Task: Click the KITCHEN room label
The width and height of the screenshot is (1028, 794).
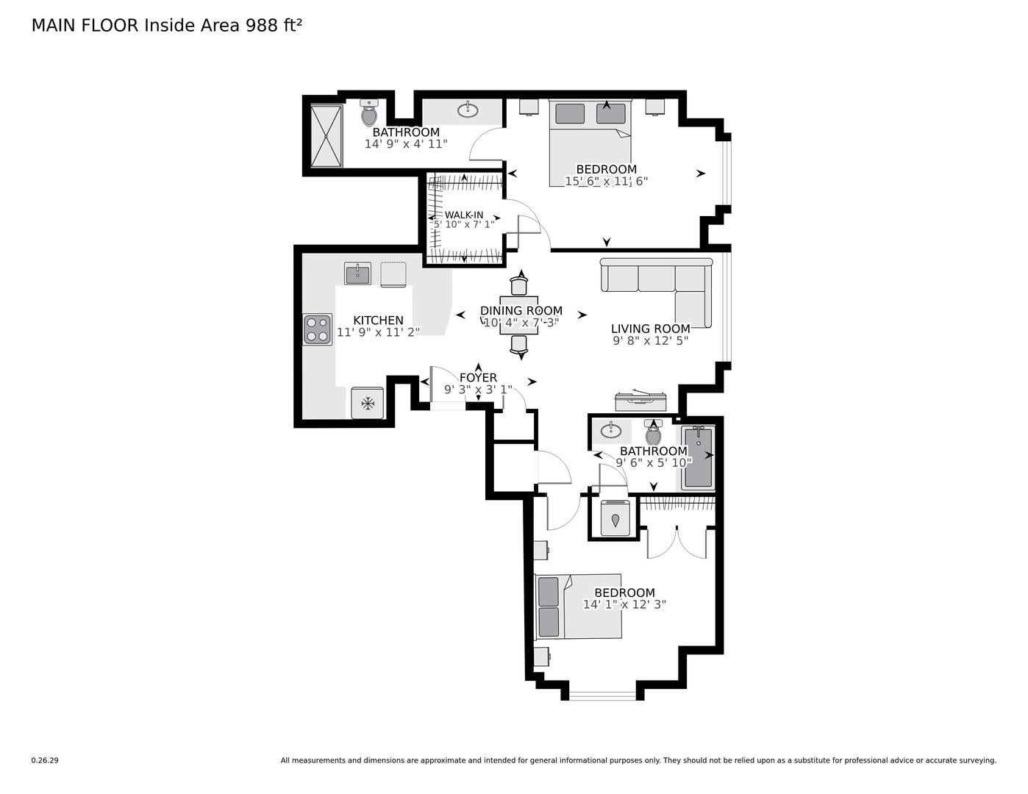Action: click(x=378, y=320)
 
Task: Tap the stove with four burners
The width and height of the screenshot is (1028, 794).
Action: click(x=318, y=329)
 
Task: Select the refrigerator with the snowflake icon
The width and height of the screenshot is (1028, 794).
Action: click(x=367, y=404)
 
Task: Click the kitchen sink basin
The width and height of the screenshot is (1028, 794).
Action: click(x=357, y=273)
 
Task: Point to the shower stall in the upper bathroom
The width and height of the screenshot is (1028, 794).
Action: click(x=326, y=136)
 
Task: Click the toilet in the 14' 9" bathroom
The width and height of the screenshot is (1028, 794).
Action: click(x=368, y=112)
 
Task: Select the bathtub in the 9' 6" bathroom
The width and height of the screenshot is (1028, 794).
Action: click(x=699, y=457)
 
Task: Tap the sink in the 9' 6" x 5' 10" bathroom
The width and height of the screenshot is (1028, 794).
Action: click(x=611, y=430)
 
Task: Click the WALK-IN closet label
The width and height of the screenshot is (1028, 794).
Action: click(x=463, y=215)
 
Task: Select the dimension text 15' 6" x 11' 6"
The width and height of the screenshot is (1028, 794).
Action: click(x=606, y=181)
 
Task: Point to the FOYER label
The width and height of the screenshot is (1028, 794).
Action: click(x=478, y=378)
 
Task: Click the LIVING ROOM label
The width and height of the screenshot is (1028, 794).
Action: click(x=651, y=329)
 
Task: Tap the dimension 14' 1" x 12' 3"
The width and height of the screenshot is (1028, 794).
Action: click(x=624, y=604)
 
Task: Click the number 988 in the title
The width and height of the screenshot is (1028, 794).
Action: click(x=262, y=26)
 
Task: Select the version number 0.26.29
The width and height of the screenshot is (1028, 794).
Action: click(x=45, y=760)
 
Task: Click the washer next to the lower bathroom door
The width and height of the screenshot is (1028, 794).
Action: click(x=615, y=518)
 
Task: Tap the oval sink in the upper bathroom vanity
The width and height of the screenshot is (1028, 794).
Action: click(x=468, y=111)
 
